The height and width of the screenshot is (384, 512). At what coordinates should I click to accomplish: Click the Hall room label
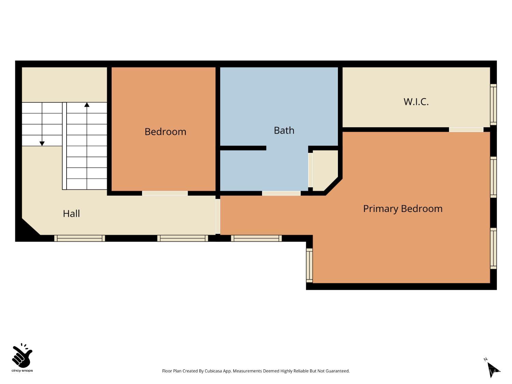pyautogui.click(x=71, y=214)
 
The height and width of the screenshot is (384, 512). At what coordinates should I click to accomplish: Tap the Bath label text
pyautogui.click(x=284, y=130)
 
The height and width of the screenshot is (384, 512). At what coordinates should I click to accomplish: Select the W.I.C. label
pyautogui.click(x=416, y=102)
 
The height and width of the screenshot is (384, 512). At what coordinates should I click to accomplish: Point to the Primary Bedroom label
pyautogui.click(x=402, y=209)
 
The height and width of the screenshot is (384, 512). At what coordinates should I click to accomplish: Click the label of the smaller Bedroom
pyautogui.click(x=166, y=132)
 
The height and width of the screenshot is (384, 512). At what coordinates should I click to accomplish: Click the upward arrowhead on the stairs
pyautogui.click(x=87, y=105)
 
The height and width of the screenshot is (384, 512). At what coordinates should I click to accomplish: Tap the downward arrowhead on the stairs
pyautogui.click(x=42, y=144)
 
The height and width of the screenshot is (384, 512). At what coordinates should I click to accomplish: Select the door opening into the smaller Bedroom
pyautogui.click(x=165, y=193)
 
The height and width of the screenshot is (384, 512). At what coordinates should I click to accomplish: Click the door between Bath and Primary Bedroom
pyautogui.click(x=281, y=193)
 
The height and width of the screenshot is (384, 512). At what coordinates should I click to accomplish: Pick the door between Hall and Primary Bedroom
pyautogui.click(x=218, y=216)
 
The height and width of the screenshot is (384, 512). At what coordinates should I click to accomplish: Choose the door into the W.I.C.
pyautogui.click(x=466, y=130)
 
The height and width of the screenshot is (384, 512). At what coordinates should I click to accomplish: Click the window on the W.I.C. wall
pyautogui.click(x=493, y=105)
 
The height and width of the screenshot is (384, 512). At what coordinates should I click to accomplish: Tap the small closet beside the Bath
pyautogui.click(x=325, y=170)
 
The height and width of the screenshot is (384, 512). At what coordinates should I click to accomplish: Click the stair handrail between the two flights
pyautogui.click(x=65, y=146)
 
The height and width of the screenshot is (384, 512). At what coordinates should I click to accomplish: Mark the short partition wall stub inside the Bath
pyautogui.click(x=243, y=148)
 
